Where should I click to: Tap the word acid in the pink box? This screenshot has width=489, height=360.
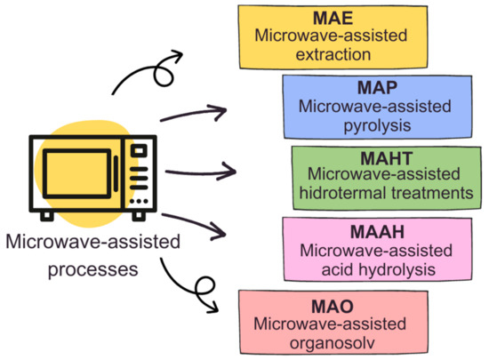330,264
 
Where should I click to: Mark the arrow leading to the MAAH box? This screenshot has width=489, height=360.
199,222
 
